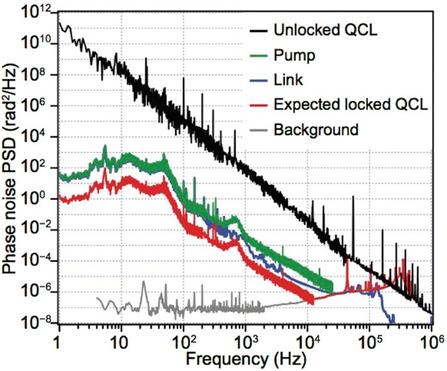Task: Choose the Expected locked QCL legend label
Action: [x=350, y=105]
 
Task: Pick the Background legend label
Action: [x=316, y=129]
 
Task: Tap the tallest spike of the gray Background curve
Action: [x=144, y=282]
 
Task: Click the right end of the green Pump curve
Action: [x=333, y=286]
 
